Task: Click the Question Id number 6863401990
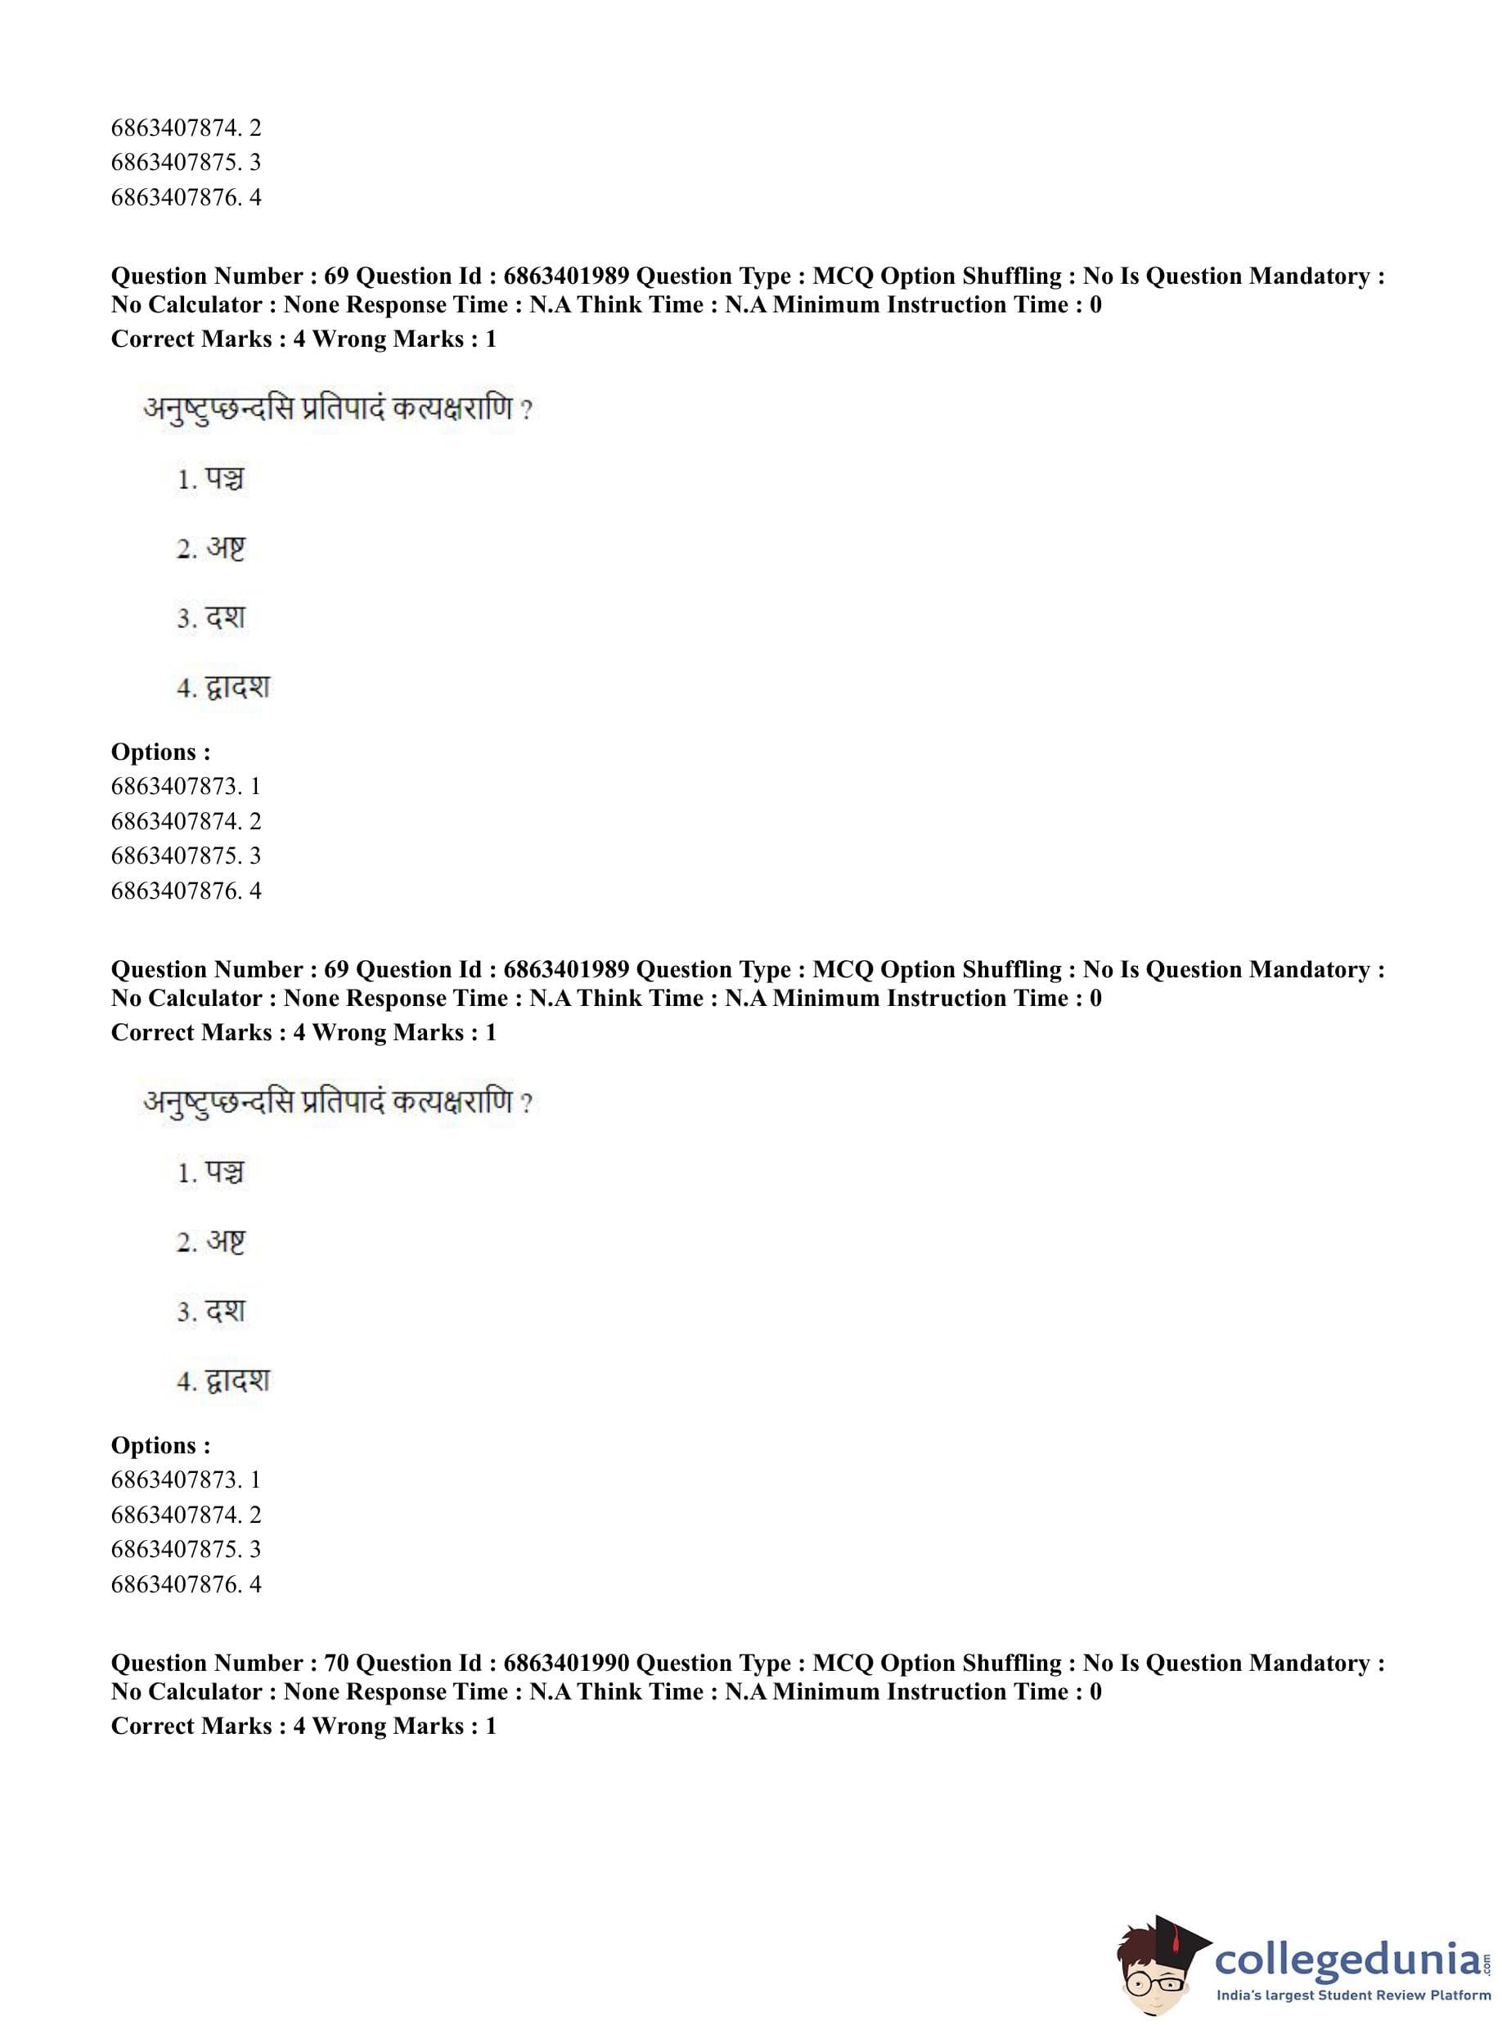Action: point(565,1664)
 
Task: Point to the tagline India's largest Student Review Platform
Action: point(1353,1996)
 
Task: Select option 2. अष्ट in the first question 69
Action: point(211,549)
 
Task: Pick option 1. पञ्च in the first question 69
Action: point(211,479)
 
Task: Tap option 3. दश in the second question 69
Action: point(211,1312)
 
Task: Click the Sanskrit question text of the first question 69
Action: point(336,409)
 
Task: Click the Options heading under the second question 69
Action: point(161,1445)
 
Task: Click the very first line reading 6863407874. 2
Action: point(186,128)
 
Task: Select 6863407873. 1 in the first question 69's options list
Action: point(186,786)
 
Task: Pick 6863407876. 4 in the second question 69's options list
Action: point(186,1584)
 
